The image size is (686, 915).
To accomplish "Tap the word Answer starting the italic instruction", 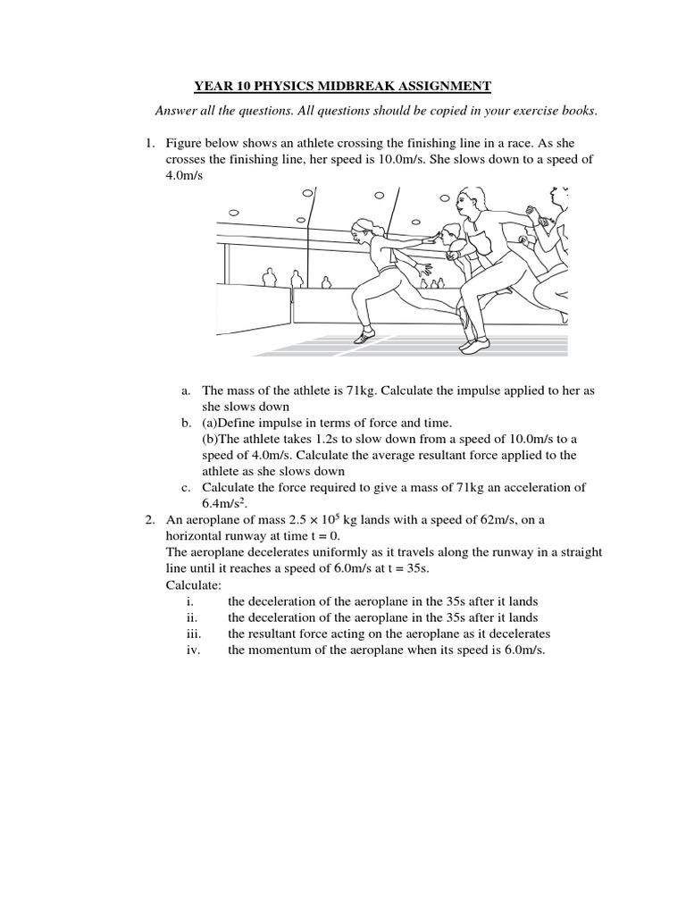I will [x=175, y=111].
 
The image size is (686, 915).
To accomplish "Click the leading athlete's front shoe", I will [x=364, y=337].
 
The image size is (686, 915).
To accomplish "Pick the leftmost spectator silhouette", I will [x=268, y=277].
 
